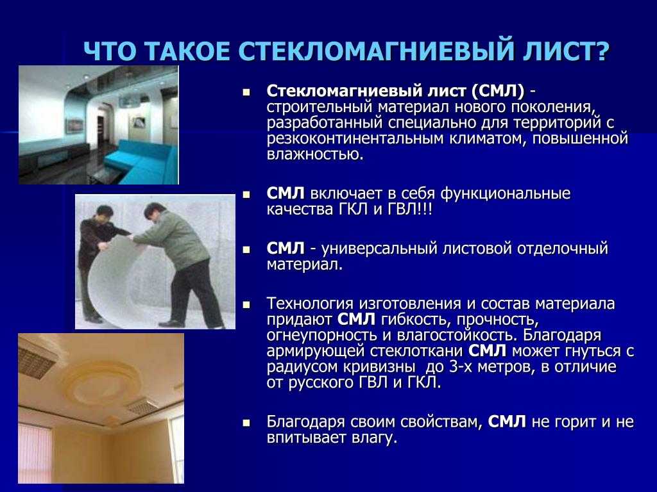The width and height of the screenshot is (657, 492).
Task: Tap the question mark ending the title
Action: [601, 51]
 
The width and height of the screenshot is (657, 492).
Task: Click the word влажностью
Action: [314, 154]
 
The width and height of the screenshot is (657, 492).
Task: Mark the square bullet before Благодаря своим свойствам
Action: [246, 423]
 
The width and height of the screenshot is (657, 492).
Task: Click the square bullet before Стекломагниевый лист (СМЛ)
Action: [246, 92]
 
